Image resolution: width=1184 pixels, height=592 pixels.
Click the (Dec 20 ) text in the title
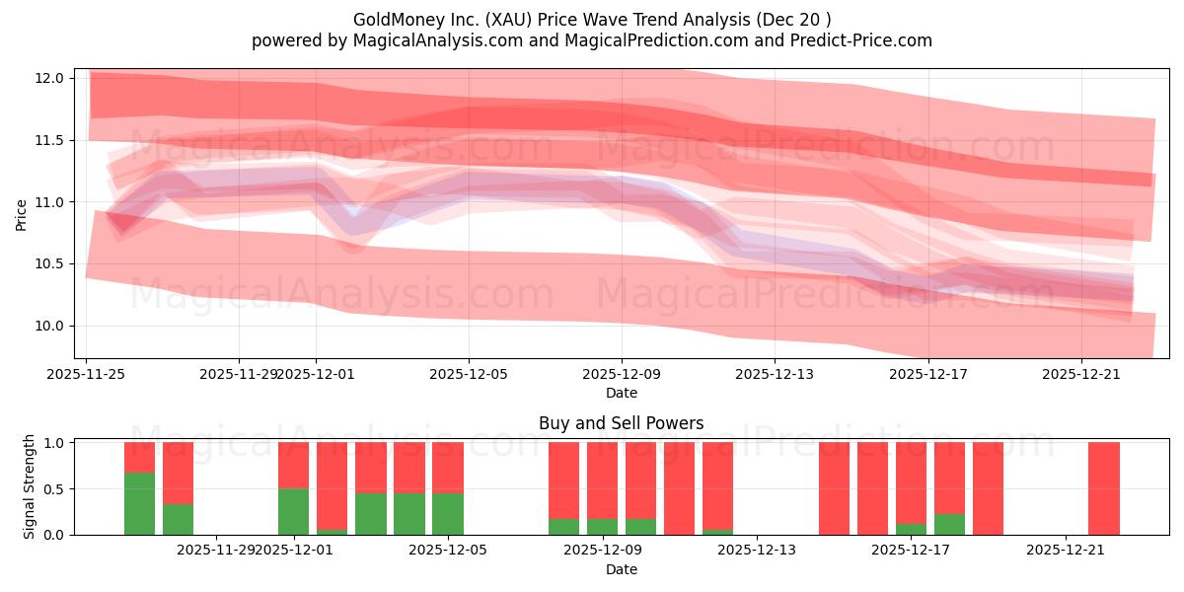(x=795, y=20)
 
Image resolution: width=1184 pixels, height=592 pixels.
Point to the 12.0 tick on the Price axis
(x=54, y=78)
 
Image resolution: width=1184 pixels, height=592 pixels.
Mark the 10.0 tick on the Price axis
(x=54, y=326)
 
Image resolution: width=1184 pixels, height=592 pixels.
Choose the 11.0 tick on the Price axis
(x=54, y=202)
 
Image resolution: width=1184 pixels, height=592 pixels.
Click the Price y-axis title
(x=22, y=214)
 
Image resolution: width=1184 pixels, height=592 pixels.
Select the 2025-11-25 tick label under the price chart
(x=87, y=374)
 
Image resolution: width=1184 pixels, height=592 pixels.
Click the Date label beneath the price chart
(x=622, y=393)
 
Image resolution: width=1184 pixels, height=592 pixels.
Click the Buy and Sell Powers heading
(x=622, y=423)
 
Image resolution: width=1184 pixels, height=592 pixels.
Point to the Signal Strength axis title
(x=30, y=486)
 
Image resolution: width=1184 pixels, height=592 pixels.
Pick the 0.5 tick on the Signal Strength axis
(x=54, y=488)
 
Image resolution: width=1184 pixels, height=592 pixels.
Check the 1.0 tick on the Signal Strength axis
(x=54, y=443)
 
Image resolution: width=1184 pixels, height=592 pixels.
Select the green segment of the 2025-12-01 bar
(x=294, y=511)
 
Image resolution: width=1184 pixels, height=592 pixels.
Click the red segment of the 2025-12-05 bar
(x=448, y=468)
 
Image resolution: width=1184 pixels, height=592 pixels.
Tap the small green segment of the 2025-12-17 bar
(x=912, y=529)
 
